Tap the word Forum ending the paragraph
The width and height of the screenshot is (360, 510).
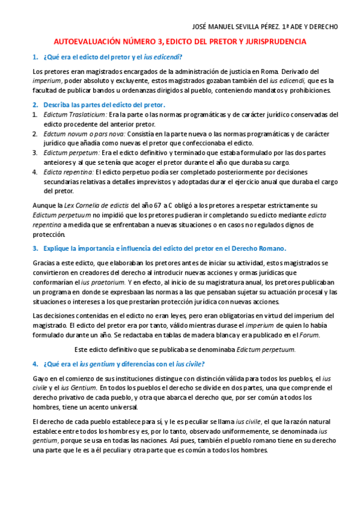point(310,335)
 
